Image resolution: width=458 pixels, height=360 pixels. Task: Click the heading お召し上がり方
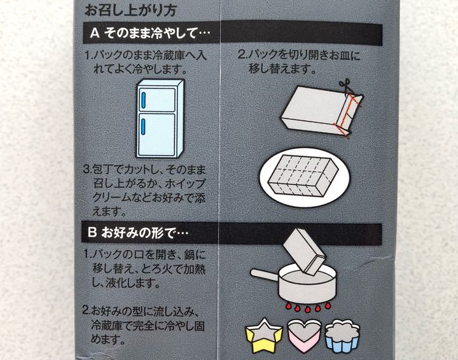point(130,10)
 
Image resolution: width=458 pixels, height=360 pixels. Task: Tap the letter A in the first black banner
point(95,33)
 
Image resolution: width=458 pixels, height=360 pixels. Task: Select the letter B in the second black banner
point(92,233)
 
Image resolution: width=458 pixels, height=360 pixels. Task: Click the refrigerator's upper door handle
point(143,101)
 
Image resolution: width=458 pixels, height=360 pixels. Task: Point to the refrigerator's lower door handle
point(143,127)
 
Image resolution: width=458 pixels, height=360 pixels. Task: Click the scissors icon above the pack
point(345,87)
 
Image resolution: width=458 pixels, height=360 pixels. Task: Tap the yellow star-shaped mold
point(264,335)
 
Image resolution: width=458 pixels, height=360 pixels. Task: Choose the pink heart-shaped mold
point(304,335)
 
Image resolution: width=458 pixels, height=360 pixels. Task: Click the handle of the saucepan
point(265,274)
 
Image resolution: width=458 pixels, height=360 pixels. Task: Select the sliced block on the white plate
point(303,176)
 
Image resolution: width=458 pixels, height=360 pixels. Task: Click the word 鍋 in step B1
point(191,255)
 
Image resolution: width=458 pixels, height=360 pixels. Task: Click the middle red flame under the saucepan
point(307,308)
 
